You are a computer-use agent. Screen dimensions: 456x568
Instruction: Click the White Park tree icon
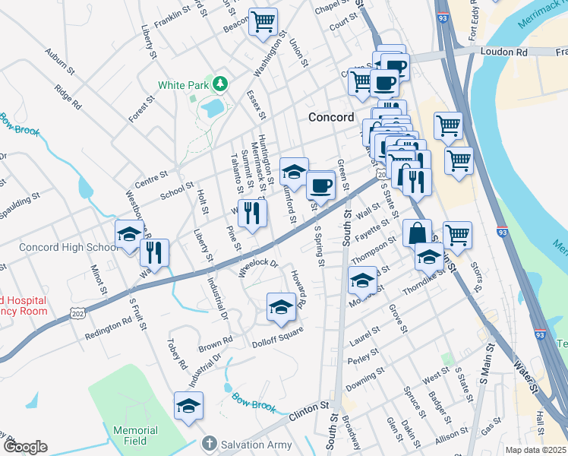(x=219, y=82)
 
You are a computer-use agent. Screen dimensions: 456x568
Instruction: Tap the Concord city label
(x=331, y=117)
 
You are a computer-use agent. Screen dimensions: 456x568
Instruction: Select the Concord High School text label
(x=68, y=248)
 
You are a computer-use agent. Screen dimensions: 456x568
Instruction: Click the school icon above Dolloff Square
(x=281, y=307)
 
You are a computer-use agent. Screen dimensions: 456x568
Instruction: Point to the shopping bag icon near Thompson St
(x=418, y=233)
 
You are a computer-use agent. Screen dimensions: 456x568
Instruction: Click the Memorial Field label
(x=135, y=435)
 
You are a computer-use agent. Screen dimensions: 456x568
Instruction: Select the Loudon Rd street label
(x=501, y=52)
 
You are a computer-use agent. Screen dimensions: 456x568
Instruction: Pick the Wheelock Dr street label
(x=260, y=268)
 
